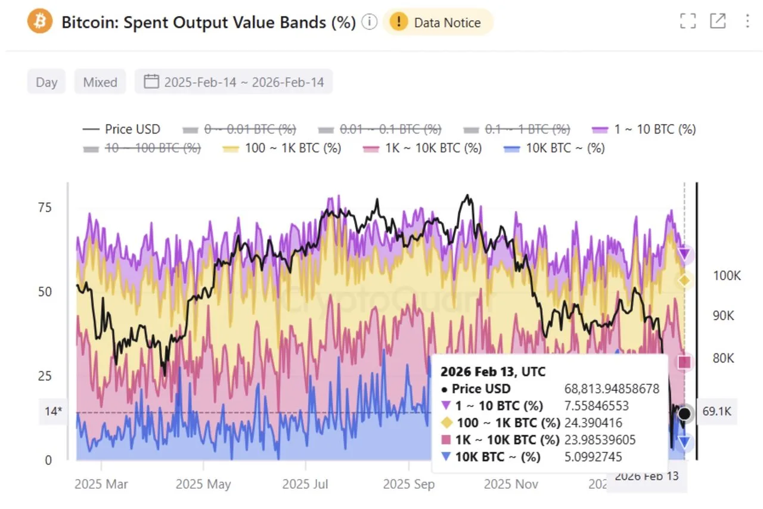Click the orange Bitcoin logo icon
[40, 22]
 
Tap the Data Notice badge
[438, 23]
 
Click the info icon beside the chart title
[370, 23]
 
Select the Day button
[46, 82]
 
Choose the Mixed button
[100, 82]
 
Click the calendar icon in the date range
[152, 82]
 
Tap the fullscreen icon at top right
[688, 21]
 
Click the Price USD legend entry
[122, 129]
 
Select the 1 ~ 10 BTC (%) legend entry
[644, 129]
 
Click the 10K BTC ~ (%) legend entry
[554, 148]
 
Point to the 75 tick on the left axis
[45, 207]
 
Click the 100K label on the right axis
[727, 275]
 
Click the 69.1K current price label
[717, 412]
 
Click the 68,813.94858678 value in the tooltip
[612, 389]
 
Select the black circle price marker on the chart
[685, 413]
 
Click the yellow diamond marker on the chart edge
[685, 280]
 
